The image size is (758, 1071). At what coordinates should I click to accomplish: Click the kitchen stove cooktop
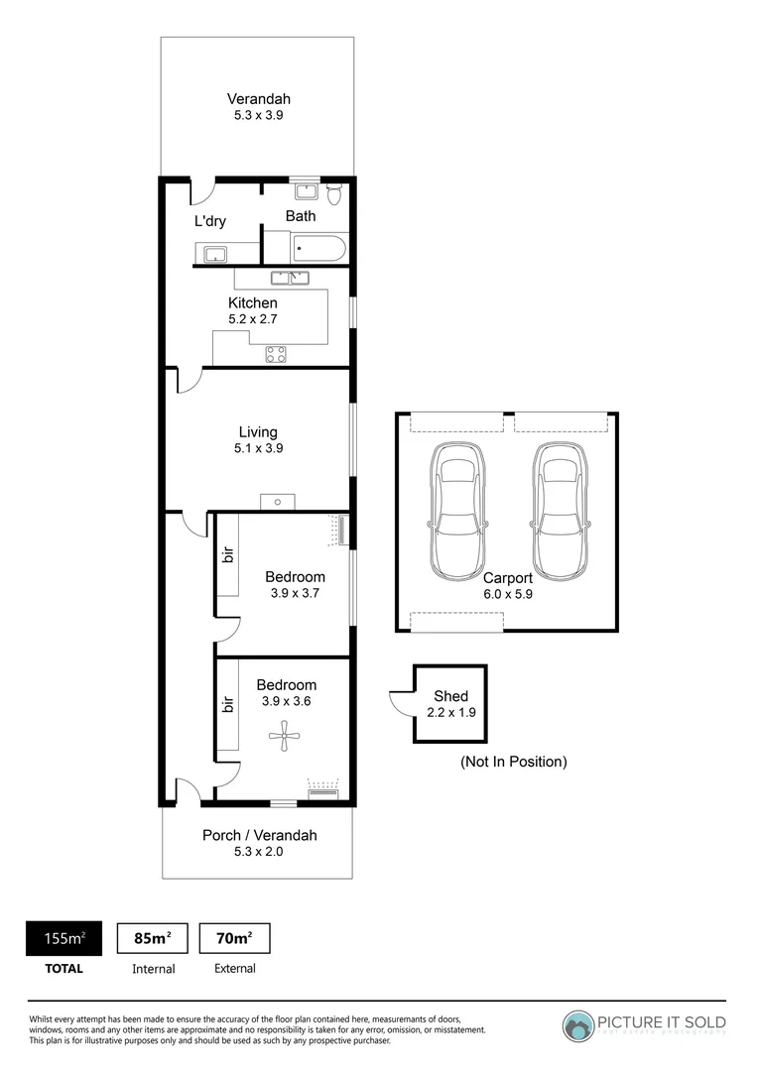[x=276, y=354]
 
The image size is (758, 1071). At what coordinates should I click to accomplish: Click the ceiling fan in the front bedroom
[x=282, y=735]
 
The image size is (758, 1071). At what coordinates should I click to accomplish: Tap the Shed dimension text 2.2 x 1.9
[x=450, y=712]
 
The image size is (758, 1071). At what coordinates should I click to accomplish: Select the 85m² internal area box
[x=153, y=938]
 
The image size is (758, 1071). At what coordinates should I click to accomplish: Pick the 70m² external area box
[x=235, y=938]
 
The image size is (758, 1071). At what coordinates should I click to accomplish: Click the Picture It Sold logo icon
[x=578, y=1025]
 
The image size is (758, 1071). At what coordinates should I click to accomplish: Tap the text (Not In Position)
[x=513, y=762]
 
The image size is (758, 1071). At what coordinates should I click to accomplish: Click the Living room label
[x=258, y=431]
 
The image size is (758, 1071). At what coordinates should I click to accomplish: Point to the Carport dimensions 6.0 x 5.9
[x=507, y=593]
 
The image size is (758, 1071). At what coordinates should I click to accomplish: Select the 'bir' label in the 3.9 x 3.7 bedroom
[x=228, y=556]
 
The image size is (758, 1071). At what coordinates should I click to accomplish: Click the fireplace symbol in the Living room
[x=278, y=502]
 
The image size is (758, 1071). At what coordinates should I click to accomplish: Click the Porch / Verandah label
[x=259, y=835]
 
